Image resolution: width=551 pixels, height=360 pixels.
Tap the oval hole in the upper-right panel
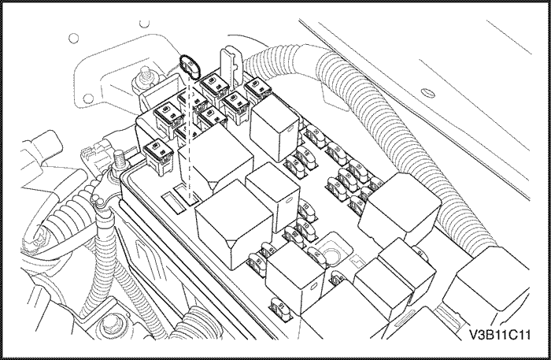[429, 91]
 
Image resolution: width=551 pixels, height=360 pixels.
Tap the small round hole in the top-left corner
[74, 37]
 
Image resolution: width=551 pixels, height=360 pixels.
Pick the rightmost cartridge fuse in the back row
[257, 88]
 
